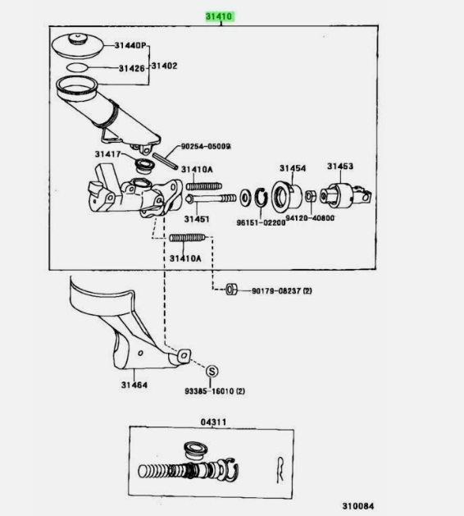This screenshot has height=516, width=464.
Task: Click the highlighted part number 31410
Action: [219, 16]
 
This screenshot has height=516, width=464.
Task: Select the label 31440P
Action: [130, 45]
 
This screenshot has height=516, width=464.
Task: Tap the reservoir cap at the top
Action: [78, 45]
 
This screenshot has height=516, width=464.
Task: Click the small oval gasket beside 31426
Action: [78, 68]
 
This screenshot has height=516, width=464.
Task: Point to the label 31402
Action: [164, 66]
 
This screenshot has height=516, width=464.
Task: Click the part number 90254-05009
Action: [206, 146]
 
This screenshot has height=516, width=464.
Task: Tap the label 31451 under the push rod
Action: [197, 219]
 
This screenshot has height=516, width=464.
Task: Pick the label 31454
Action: [293, 168]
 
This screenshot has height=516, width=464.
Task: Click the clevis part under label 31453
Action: [345, 195]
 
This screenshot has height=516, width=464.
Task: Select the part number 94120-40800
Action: [310, 218]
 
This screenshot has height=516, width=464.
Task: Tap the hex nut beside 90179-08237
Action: [231, 290]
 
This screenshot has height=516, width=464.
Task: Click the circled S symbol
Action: [212, 372]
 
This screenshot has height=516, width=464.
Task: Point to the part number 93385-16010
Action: [215, 391]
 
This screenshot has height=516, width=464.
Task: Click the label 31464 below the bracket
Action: [134, 385]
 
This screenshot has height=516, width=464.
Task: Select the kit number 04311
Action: [213, 422]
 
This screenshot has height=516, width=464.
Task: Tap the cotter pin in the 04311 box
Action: [280, 469]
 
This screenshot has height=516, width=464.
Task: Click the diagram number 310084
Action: [358, 506]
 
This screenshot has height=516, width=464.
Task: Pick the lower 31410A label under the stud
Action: [185, 258]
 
